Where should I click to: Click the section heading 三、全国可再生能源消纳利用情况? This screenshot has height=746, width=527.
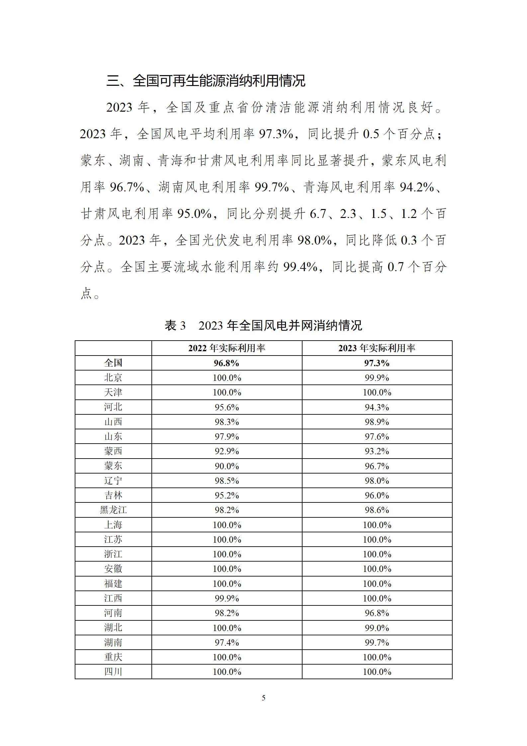[206, 81]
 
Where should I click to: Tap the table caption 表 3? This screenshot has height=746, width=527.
[175, 325]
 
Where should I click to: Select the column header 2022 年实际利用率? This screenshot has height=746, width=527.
[227, 348]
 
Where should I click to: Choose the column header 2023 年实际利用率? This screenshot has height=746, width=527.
[377, 348]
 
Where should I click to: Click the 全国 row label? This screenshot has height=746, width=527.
[113, 363]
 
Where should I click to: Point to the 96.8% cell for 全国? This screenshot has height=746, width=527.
[227, 363]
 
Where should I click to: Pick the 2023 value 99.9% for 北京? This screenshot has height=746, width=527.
[377, 378]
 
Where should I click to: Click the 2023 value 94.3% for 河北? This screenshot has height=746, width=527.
[377, 407]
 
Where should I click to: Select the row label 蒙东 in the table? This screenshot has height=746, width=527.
[113, 466]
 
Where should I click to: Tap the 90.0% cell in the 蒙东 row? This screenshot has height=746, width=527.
[227, 466]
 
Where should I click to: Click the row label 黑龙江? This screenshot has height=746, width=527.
[113, 510]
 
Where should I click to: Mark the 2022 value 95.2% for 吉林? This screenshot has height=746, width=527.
[227, 495]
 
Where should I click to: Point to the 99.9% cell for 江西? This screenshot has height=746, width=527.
[227, 598]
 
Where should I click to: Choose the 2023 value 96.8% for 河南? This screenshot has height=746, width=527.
[377, 613]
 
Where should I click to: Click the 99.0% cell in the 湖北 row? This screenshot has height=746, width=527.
[377, 628]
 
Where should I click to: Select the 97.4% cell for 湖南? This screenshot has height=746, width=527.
[227, 643]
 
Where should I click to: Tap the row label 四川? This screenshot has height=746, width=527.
[113, 672]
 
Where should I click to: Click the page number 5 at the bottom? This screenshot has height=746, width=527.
[264, 698]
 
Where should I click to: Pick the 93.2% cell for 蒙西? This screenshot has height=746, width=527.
[377, 451]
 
